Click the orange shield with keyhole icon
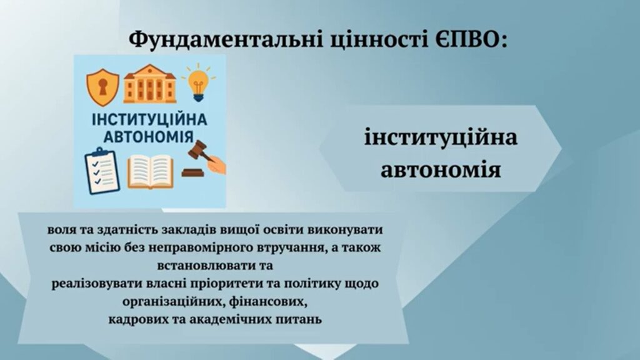[102, 87]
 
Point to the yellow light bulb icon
[198, 83]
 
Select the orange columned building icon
[150, 84]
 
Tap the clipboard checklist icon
[102, 170]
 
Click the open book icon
[150, 171]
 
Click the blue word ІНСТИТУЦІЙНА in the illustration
[149, 120]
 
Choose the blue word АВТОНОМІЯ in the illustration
[149, 137]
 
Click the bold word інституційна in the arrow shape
[441, 137]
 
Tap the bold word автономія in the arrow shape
[441, 169]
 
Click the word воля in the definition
[61, 230]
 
